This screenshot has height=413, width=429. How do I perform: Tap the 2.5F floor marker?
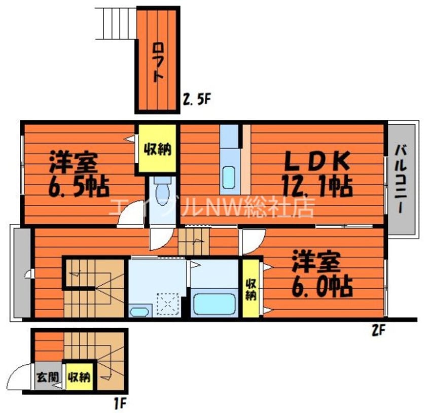(196, 100)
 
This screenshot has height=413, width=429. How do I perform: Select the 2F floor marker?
(379, 331)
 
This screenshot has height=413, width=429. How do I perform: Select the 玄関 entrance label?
(46, 378)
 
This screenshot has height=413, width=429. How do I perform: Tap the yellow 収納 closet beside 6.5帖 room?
(157, 149)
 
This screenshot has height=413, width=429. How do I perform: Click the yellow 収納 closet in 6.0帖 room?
(251, 289)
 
